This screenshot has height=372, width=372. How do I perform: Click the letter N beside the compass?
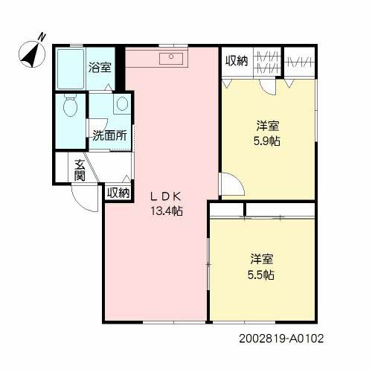point(42,35)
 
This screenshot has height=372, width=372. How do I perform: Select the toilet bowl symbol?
point(70,109)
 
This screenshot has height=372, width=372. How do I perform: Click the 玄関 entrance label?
point(79,170)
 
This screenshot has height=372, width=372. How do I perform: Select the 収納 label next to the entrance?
point(118,193)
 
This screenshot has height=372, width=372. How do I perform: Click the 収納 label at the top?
point(236,61)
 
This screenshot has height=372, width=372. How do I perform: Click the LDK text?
point(167,196)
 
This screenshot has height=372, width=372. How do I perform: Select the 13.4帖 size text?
point(167,211)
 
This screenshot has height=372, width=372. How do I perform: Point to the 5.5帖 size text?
point(262,275)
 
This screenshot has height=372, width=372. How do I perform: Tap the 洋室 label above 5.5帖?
point(262,260)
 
